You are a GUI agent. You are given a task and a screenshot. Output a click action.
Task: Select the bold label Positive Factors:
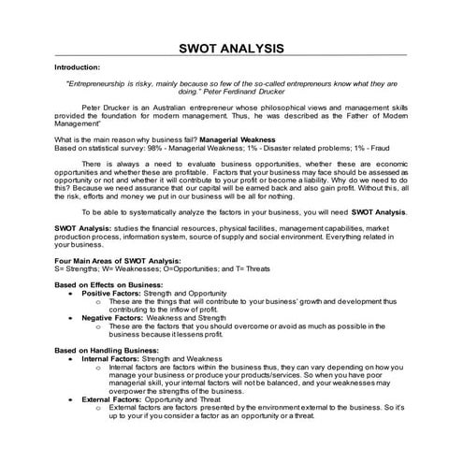[109, 293]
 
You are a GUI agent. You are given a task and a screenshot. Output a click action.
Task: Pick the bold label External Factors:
[109, 398]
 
